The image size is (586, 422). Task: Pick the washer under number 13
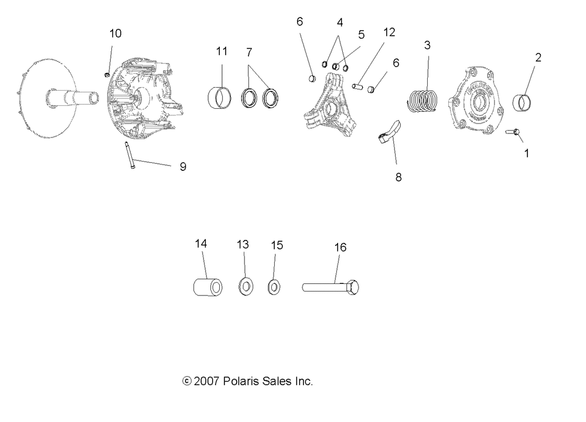[246, 287]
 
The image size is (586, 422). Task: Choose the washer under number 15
[274, 287]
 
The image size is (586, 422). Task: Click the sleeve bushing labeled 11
[221, 97]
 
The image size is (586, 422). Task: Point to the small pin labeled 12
[357, 87]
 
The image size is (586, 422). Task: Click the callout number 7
[249, 52]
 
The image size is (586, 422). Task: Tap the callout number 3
[427, 45]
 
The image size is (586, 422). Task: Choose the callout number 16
[340, 247]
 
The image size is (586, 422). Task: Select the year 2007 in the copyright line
[207, 382]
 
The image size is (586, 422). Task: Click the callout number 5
[361, 35]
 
